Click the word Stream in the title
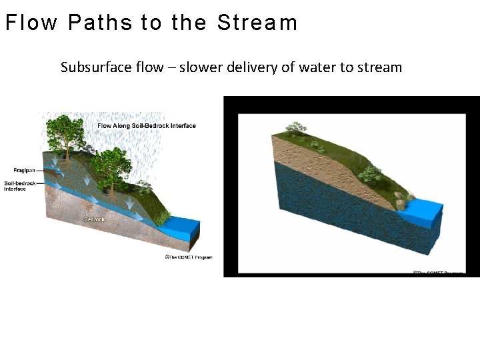[257, 23]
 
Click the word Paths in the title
[100, 23]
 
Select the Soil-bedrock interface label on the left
[15, 186]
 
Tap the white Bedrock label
[94, 219]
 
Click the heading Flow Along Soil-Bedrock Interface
[147, 125]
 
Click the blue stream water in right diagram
[423, 211]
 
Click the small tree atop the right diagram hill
[295, 127]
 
